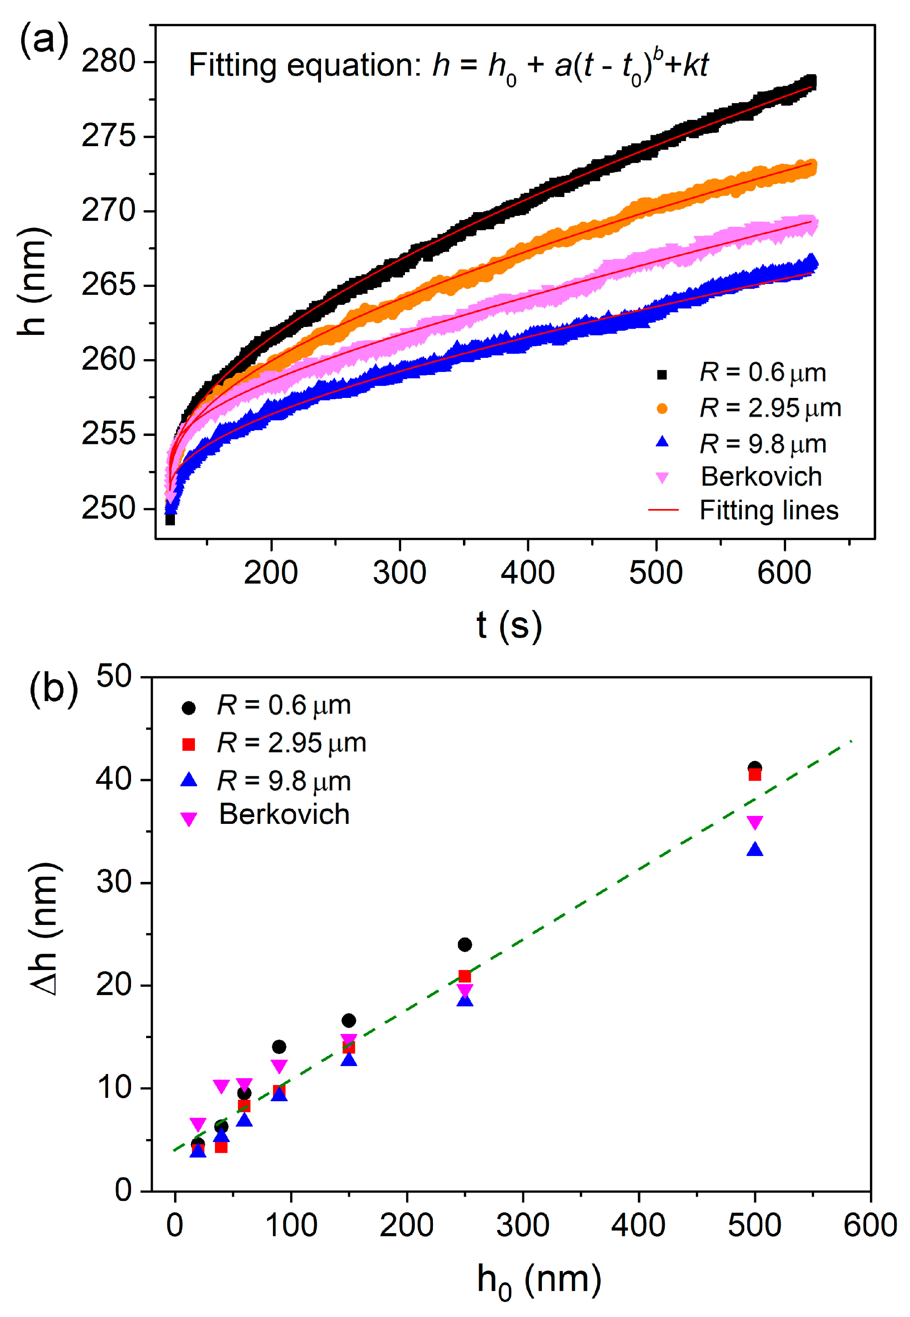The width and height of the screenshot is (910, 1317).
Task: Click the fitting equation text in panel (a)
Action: click(448, 66)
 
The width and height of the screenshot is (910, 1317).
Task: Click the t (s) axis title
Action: click(508, 626)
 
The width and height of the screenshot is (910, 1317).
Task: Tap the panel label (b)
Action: click(53, 689)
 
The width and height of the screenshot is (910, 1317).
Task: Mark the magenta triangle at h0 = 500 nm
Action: click(754, 822)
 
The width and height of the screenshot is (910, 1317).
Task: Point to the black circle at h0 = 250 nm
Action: click(465, 945)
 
